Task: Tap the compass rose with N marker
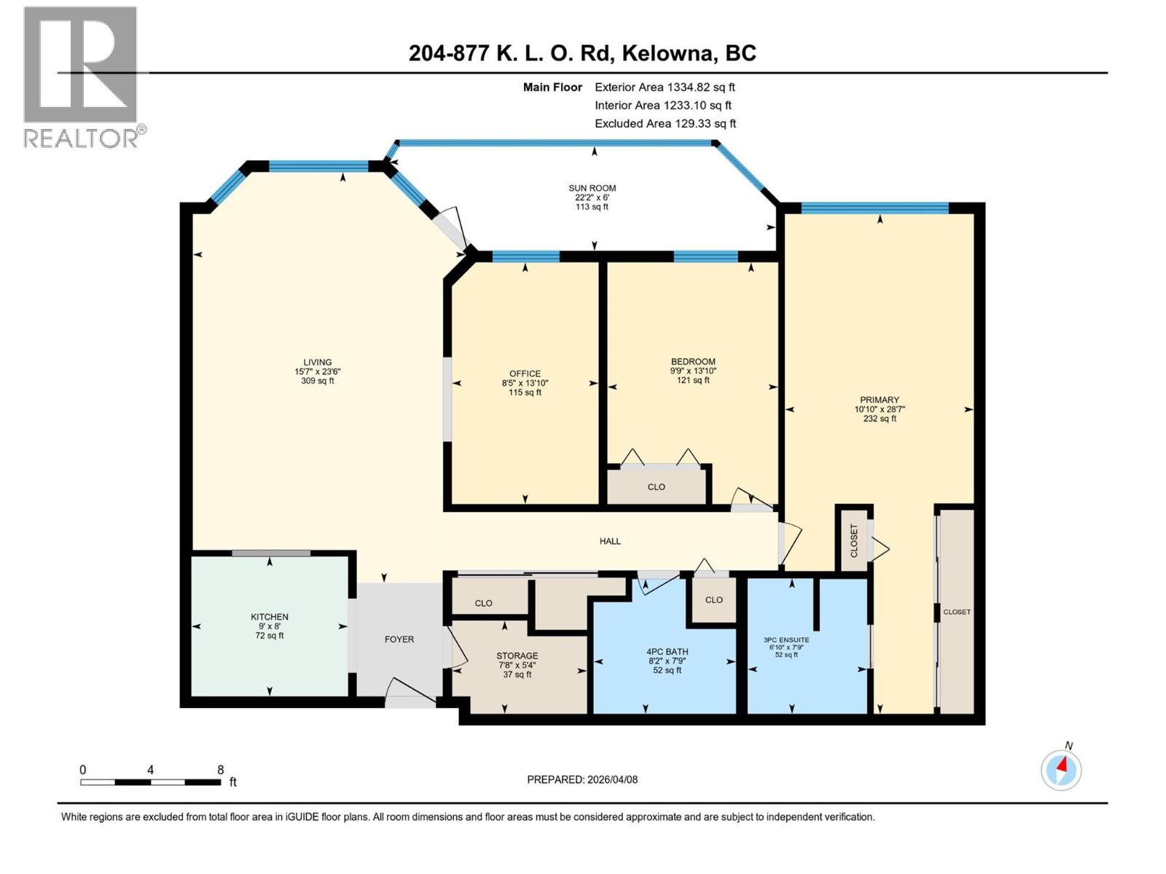(x=1061, y=769)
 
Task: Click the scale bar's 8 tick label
(x=220, y=770)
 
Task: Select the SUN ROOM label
(x=592, y=188)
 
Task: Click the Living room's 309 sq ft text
(x=317, y=381)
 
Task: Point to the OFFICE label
(x=525, y=374)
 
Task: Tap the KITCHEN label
(x=270, y=617)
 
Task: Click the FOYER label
(x=399, y=639)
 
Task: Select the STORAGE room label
(x=517, y=655)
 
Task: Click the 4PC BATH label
(x=667, y=652)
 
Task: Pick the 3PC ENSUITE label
(x=786, y=640)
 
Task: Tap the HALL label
(x=610, y=541)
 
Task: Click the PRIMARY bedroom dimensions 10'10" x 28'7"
(x=880, y=409)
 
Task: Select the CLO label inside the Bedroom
(x=656, y=487)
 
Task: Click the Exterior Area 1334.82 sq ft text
(x=665, y=87)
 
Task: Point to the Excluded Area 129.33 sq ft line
(x=665, y=124)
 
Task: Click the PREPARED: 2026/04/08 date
(x=582, y=779)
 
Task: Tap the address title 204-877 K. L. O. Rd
(x=582, y=53)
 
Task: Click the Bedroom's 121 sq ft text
(x=693, y=380)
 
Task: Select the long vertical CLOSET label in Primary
(x=956, y=612)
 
